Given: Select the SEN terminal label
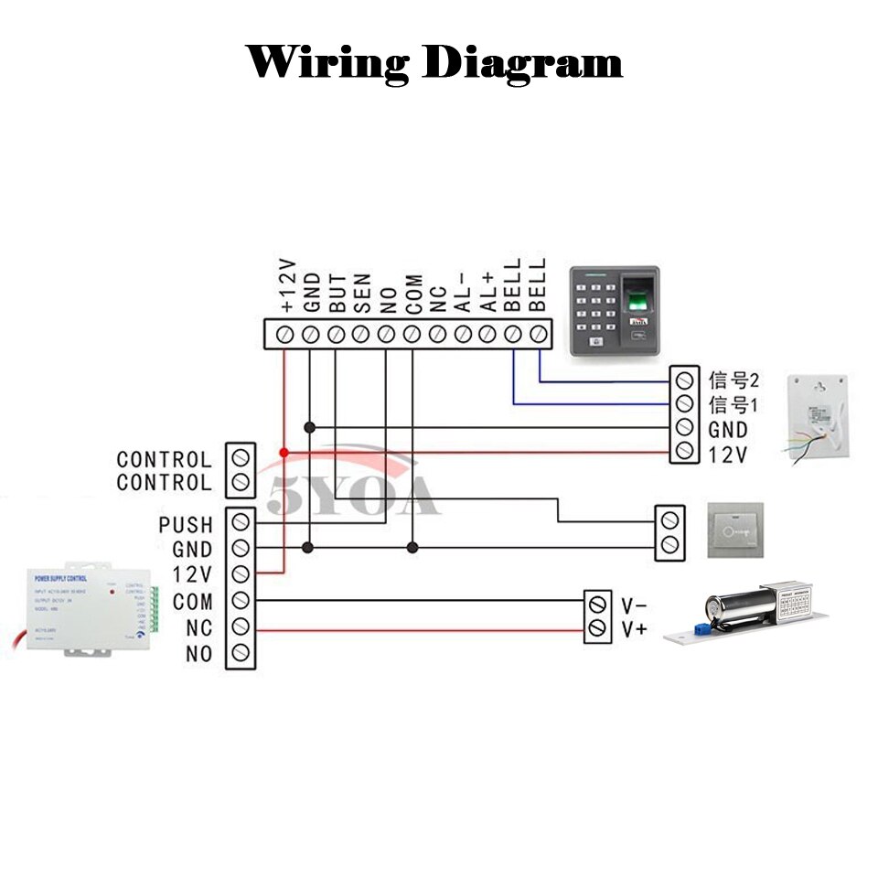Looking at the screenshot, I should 362,292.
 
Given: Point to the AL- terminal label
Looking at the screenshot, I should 463,292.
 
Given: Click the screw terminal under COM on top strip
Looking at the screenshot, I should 412,334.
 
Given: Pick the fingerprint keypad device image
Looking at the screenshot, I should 614,311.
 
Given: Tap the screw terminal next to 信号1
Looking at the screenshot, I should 683,403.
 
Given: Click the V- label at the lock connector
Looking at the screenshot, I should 634,605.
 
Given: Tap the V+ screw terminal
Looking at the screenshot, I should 599,628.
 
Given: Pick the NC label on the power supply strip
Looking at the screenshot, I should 198,628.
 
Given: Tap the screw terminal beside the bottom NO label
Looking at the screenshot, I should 241,653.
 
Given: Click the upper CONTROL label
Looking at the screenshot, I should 164,459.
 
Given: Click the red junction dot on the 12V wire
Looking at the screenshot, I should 284,453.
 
